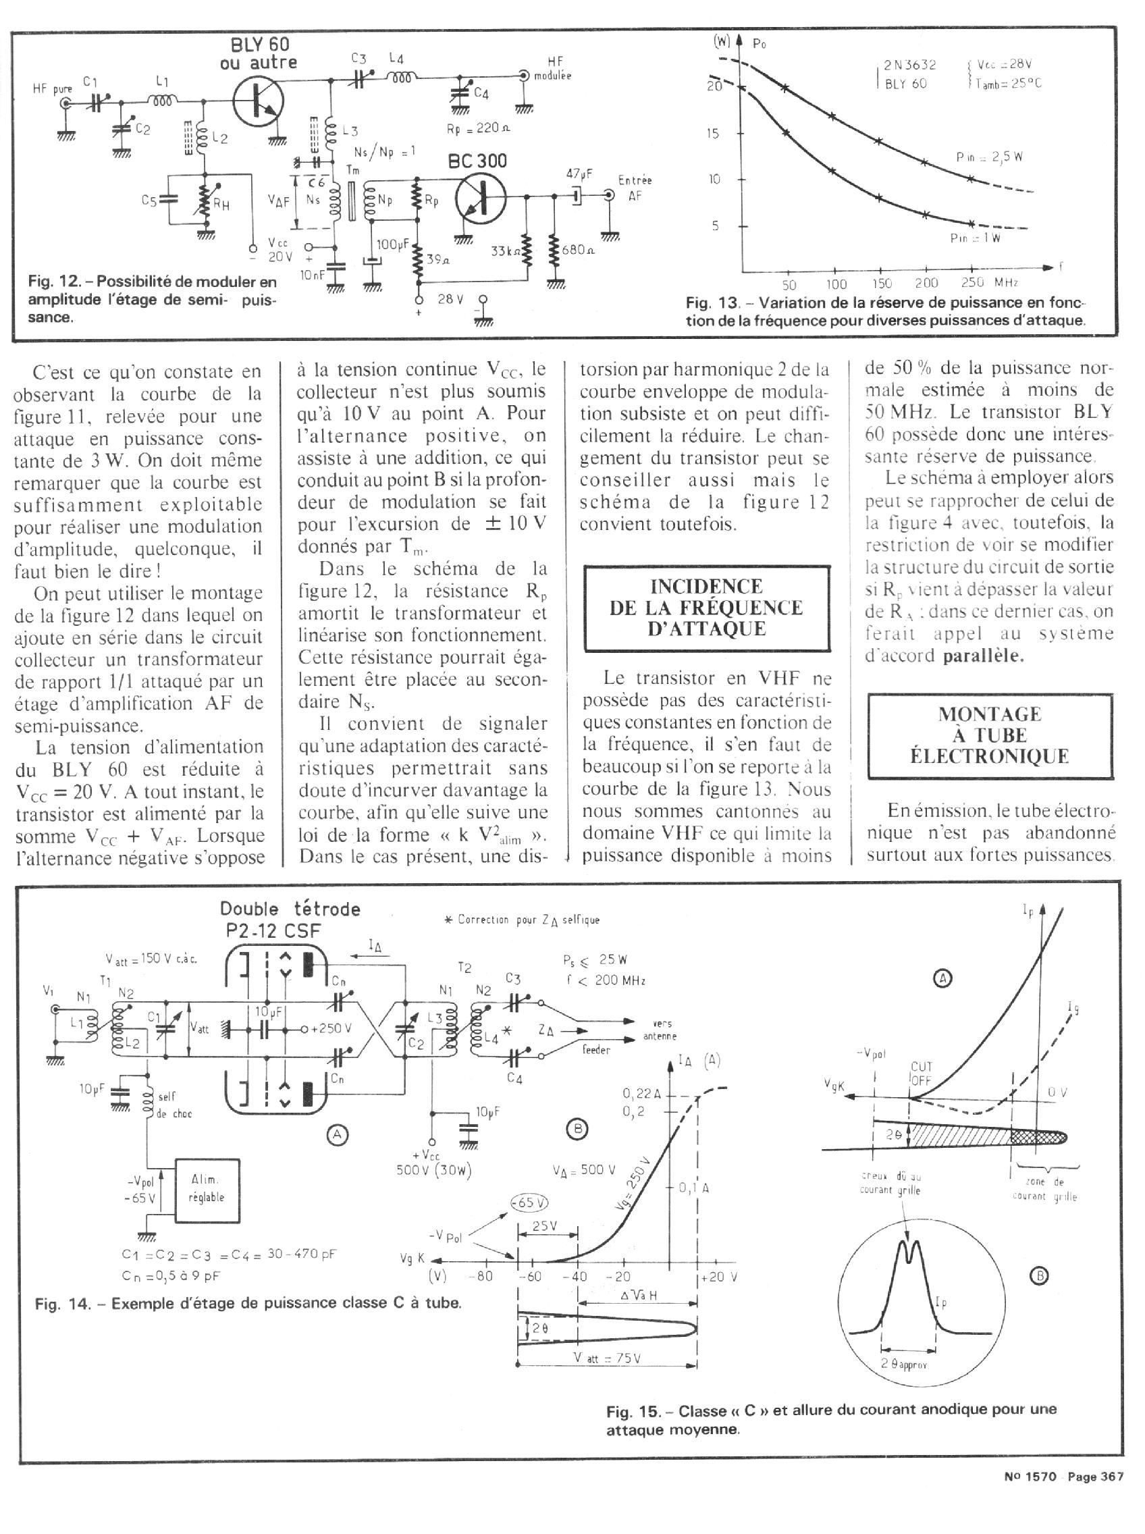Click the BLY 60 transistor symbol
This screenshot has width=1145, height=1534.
point(258,101)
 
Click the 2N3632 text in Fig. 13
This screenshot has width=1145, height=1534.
point(909,65)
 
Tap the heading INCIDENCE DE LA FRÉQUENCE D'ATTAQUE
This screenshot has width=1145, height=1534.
point(706,607)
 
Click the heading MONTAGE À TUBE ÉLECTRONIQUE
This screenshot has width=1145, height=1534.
point(990,735)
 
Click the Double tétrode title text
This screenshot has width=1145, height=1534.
point(290,909)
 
